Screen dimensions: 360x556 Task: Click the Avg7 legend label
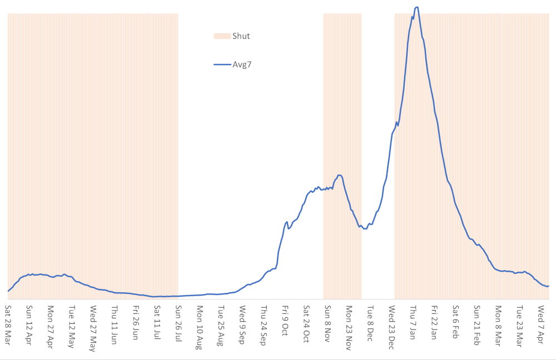coord(242,64)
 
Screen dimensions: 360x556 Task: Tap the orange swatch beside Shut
coord(221,36)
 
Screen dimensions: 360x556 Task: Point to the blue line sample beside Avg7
coord(221,64)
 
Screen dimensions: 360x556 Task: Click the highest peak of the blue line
coord(416,7)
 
